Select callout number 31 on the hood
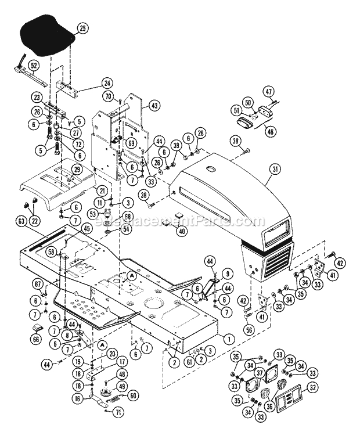275,170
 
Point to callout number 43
153,105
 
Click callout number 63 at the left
21,221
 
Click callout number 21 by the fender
102,190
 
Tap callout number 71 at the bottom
118,429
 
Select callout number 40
183,231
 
